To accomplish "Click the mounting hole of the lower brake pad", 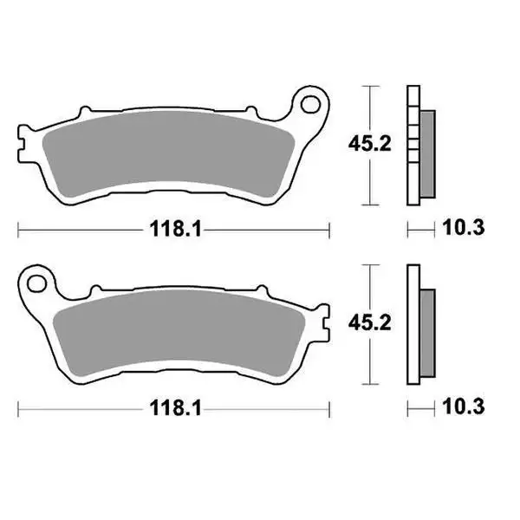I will (36, 282).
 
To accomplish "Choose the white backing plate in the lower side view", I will (413, 325).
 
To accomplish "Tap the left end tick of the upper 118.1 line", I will (19, 229).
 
